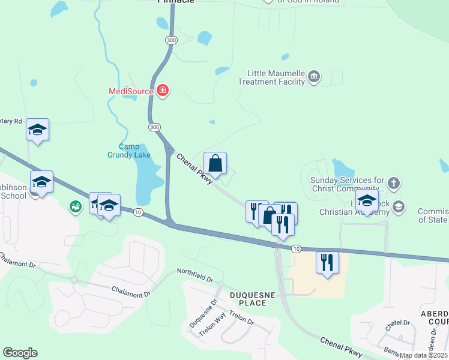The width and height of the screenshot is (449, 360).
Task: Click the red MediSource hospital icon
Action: pos(163,91)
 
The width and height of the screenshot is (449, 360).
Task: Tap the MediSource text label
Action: pos(130,92)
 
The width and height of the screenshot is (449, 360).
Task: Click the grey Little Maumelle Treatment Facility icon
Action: pos(314,77)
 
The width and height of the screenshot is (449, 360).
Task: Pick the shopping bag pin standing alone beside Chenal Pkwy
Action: pos(215,164)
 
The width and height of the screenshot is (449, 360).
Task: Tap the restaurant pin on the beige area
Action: pos(327,263)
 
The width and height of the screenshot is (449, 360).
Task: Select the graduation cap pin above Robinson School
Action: pos(37,130)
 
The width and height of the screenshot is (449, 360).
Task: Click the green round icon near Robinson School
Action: pos(75,207)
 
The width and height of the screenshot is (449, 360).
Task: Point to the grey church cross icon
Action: pos(394,182)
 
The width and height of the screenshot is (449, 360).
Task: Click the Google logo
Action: pos(20,353)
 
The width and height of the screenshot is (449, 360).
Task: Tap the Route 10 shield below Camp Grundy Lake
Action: pos(138,213)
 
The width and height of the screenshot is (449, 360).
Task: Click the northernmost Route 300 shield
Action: pos(172,40)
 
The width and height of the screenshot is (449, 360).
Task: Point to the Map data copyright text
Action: pos(424,355)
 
